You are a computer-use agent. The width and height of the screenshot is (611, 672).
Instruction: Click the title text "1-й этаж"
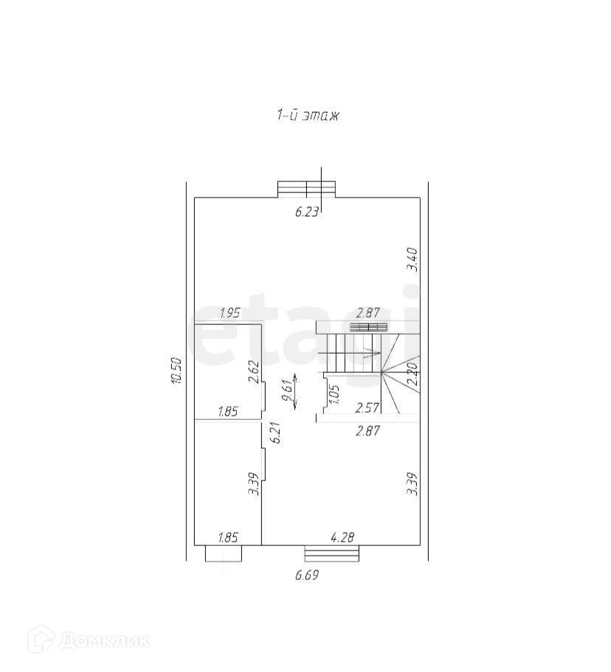(x=308, y=115)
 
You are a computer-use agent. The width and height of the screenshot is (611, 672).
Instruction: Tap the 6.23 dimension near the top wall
(x=306, y=211)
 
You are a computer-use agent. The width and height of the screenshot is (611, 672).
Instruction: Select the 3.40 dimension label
(x=412, y=259)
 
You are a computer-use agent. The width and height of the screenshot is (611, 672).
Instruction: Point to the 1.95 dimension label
(x=229, y=313)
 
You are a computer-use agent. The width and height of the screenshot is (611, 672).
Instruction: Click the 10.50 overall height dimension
(x=176, y=371)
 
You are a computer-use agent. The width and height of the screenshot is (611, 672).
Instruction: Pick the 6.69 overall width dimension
(x=307, y=575)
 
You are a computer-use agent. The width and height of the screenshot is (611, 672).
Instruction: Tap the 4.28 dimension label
(x=342, y=537)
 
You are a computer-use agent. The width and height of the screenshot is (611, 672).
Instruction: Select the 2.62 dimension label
(x=254, y=371)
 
